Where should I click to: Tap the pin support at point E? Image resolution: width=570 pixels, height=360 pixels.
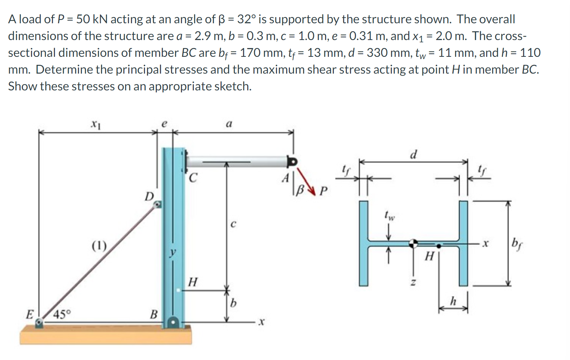coord(39,323)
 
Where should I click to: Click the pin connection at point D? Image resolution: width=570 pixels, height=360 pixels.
coord(157,205)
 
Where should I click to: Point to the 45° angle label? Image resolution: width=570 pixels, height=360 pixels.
coord(62,315)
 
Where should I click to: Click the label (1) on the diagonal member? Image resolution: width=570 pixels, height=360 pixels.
coord(99,245)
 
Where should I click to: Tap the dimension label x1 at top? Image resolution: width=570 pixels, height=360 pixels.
coord(96,124)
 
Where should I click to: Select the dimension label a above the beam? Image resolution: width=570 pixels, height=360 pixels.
coord(229,124)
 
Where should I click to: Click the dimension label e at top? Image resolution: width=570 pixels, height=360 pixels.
coord(164,124)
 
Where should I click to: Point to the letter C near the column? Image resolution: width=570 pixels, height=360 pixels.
coord(193,178)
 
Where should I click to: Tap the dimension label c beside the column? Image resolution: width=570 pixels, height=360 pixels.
coord(233,224)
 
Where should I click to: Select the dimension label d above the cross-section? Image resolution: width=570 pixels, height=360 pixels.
coord(413,154)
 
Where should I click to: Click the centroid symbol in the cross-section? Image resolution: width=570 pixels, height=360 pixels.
coord(414,243)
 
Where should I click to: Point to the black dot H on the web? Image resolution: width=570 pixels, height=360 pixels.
coord(439,246)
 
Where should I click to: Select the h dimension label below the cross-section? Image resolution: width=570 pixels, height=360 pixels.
coord(453,301)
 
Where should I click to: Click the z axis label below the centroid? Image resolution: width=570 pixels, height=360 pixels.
coord(412,283)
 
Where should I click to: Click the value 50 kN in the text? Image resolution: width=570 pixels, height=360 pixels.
coord(92,19)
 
